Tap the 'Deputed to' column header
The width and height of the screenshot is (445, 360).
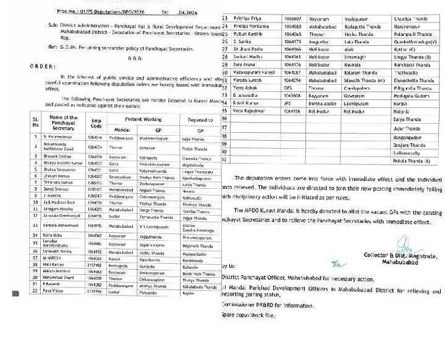tap(200, 119)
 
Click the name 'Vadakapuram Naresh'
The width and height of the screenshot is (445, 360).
tap(254, 72)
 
